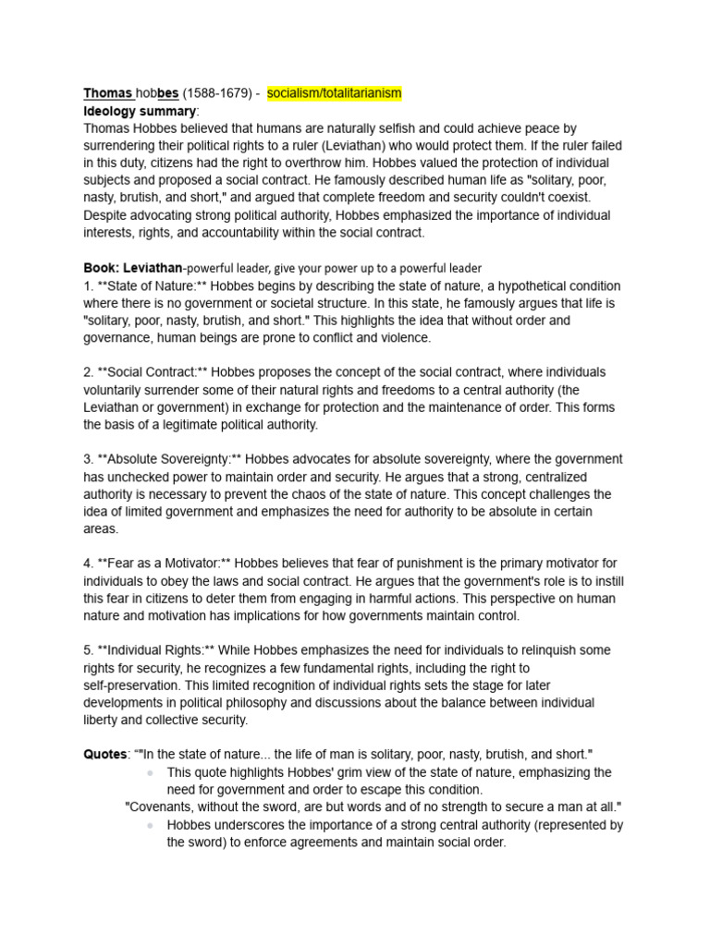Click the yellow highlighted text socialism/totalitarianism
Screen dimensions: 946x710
point(334,93)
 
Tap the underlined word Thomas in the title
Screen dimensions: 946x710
point(107,93)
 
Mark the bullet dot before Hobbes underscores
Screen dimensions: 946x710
point(150,825)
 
